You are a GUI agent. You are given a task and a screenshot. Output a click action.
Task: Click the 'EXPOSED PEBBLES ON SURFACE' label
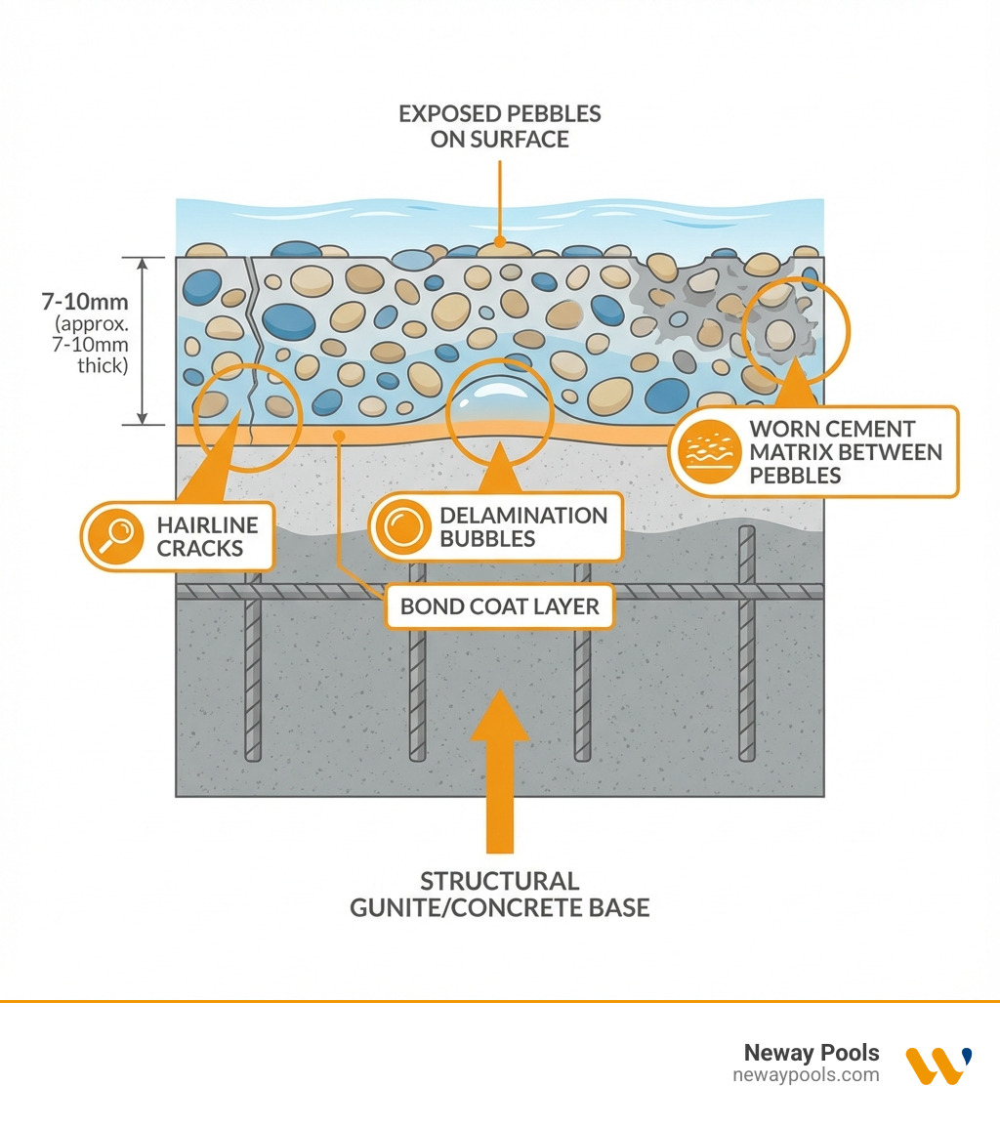[x=500, y=127]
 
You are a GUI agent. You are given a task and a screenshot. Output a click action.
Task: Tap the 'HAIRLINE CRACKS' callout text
[x=207, y=536]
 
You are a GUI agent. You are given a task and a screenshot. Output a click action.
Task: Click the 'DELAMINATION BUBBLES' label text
[x=523, y=526]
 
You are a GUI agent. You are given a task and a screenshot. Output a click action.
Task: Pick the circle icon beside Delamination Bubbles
[x=402, y=526]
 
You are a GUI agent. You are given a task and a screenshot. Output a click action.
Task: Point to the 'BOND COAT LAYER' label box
[x=500, y=606]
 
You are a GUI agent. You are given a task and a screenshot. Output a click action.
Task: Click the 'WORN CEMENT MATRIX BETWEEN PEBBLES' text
[x=846, y=452]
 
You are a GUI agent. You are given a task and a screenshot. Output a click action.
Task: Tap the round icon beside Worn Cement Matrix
[x=709, y=451]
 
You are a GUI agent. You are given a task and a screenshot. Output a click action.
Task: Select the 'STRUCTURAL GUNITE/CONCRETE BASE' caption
[x=500, y=895]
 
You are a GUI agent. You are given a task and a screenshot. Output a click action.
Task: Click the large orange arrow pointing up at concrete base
[x=500, y=772]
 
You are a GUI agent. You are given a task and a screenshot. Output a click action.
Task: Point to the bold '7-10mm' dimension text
[x=85, y=301]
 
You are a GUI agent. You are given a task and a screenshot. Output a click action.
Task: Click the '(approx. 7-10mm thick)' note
[x=91, y=345]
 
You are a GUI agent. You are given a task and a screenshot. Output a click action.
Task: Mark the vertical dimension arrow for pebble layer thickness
[x=143, y=341]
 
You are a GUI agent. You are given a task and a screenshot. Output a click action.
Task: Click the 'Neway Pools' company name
[x=812, y=1052]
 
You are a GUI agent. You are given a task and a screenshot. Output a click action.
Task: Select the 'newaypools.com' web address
[x=806, y=1075]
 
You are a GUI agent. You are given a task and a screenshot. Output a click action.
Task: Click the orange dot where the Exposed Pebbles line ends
[x=500, y=242]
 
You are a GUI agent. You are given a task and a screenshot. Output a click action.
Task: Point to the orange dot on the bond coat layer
[x=339, y=436]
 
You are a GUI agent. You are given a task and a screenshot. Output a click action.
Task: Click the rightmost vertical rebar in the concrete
[x=747, y=644]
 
